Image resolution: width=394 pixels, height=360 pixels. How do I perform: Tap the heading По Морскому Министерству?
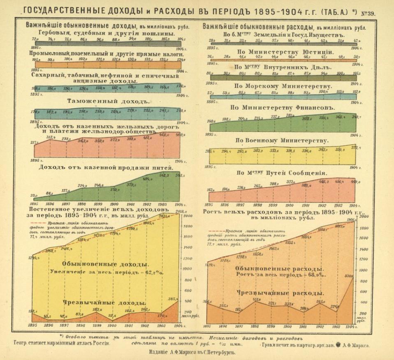(x=283, y=86)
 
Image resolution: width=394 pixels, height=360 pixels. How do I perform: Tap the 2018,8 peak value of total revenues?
(x=180, y=211)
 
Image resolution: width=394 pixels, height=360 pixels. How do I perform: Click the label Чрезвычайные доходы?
(x=104, y=302)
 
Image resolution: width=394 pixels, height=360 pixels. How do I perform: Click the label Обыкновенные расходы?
(x=278, y=268)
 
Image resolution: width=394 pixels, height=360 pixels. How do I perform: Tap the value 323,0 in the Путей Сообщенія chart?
(x=290, y=182)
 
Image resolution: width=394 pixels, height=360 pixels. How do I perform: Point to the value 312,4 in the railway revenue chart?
(x=51, y=137)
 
